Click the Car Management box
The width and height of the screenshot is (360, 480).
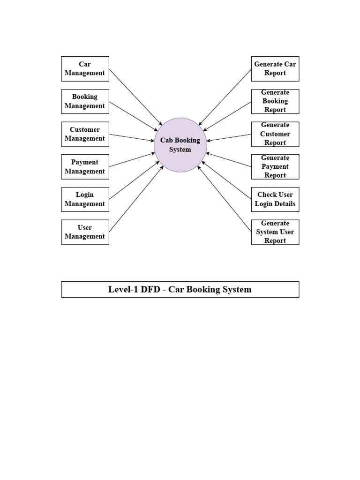[85, 68]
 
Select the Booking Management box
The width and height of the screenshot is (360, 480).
[85, 101]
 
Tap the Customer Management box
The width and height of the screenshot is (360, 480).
[85, 134]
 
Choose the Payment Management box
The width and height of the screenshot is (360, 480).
[85, 167]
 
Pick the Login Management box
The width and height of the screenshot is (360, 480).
[85, 199]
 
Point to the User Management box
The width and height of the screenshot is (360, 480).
[85, 232]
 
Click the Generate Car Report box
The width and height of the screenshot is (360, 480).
[275, 68]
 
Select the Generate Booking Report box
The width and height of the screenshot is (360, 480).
[275, 101]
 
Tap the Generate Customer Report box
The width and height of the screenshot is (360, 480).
[275, 134]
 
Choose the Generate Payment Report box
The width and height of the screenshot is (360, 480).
[275, 167]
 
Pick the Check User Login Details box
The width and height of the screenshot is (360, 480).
[275, 199]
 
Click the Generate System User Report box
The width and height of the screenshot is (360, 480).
[275, 232]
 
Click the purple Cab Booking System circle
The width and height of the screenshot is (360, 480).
[180, 145]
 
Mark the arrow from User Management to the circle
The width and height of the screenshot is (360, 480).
[136, 199]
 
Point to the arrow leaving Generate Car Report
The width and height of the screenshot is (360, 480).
[225, 97]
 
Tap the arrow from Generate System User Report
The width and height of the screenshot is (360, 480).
[225, 199]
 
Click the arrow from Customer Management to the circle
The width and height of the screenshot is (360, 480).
[131, 137]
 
